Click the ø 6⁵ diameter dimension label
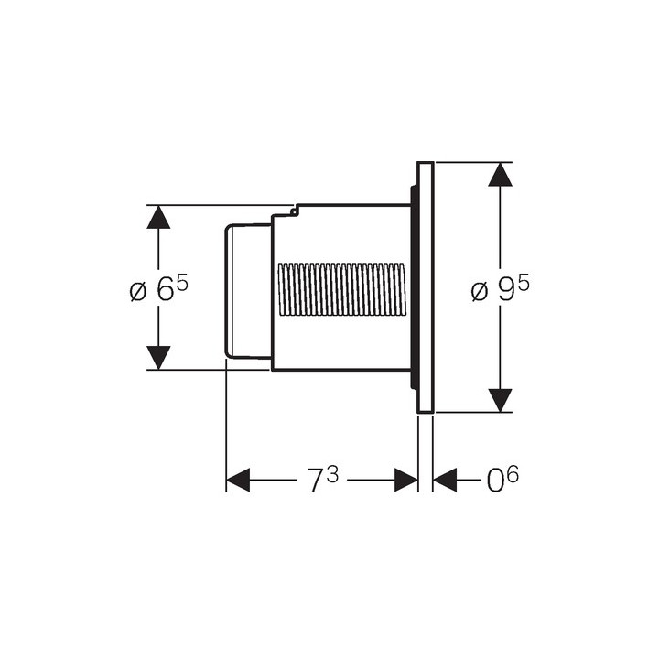(159, 289)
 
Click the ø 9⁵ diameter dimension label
(500, 289)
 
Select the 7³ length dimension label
(322, 480)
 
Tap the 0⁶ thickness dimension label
(502, 479)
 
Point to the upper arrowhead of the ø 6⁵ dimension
(158, 217)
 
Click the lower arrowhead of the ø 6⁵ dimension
(158, 358)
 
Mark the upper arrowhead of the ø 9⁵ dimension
(500, 175)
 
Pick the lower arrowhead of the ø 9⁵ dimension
(500, 401)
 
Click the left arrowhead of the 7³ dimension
(238, 480)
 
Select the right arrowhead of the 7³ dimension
(406, 480)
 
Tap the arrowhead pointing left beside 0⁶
(445, 480)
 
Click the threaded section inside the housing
(342, 289)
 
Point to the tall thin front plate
(426, 287)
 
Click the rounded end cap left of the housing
(248, 292)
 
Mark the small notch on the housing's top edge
(296, 211)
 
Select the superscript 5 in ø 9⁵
(524, 285)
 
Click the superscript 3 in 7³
(332, 474)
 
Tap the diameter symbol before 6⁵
(138, 292)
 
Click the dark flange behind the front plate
(414, 287)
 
